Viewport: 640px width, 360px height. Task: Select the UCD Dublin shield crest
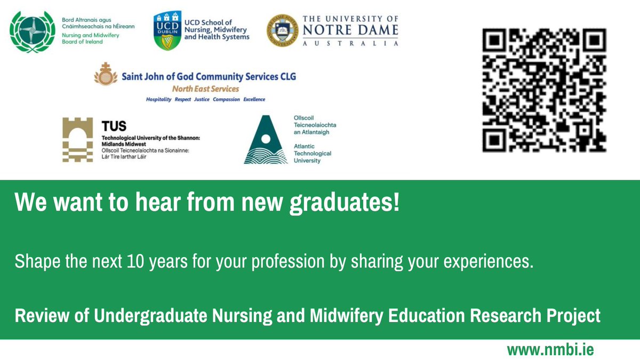[166, 31]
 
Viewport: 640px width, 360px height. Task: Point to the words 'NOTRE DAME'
[350, 30]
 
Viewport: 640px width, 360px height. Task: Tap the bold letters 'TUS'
[114, 126]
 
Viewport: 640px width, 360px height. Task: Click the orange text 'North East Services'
[205, 89]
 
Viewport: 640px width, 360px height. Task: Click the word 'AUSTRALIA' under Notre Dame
[350, 44]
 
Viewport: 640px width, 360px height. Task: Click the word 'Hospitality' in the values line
[159, 99]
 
